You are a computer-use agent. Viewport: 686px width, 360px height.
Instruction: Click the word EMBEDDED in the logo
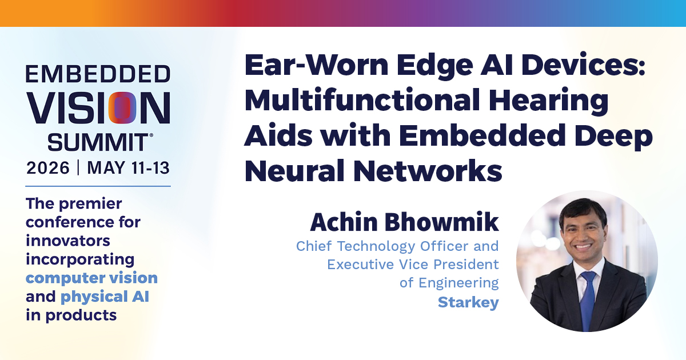click(x=98, y=74)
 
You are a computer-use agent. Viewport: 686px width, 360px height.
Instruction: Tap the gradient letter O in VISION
click(x=122, y=108)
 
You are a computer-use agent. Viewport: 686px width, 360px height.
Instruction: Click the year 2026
click(x=48, y=168)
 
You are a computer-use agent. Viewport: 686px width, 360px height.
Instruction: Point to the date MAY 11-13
click(x=128, y=168)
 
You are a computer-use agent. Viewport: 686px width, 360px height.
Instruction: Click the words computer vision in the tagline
click(x=91, y=278)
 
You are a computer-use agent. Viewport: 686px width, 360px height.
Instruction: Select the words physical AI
click(x=105, y=297)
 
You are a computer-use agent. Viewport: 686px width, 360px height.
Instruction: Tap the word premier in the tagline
click(x=90, y=204)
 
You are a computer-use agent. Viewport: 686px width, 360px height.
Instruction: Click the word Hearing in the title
click(x=548, y=101)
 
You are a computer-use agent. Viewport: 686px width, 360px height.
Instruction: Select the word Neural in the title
click(x=293, y=170)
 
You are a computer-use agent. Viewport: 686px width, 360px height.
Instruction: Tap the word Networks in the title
click(x=428, y=170)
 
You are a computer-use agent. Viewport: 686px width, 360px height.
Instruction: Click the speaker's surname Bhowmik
click(x=442, y=222)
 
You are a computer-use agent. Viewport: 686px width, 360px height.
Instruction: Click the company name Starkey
click(x=468, y=302)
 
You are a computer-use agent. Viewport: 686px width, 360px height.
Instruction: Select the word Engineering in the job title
click(x=458, y=283)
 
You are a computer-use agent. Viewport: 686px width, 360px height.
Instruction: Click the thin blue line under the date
click(x=98, y=186)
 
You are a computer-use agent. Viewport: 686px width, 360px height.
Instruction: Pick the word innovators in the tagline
click(x=68, y=241)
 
